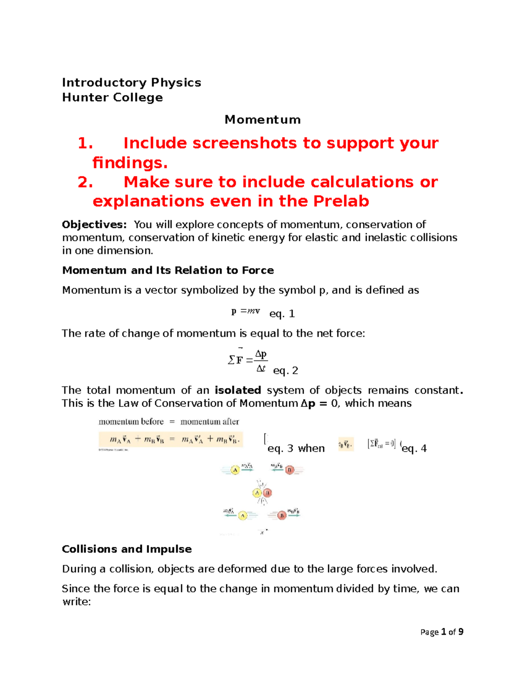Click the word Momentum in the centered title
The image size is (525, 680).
click(x=262, y=120)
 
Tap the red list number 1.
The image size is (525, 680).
click(x=85, y=143)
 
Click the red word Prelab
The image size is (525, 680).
click(x=341, y=201)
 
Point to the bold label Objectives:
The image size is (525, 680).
click(x=94, y=225)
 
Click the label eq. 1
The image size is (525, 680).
click(x=282, y=314)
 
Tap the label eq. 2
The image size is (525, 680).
click(x=285, y=371)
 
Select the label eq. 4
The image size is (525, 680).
click(x=414, y=448)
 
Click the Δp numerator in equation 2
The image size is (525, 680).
click(x=261, y=354)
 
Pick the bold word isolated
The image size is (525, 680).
click(x=238, y=390)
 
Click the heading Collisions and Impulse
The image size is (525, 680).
click(x=127, y=549)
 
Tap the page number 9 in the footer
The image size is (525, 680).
click(x=461, y=632)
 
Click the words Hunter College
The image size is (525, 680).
click(x=112, y=97)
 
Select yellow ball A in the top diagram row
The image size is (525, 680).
click(x=235, y=470)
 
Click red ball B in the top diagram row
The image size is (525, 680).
click(x=289, y=470)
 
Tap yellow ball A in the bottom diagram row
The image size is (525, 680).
click(x=243, y=515)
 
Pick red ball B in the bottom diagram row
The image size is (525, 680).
click(x=282, y=515)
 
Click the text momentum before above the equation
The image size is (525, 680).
click(x=131, y=422)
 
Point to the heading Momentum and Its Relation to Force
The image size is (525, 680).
click(x=168, y=270)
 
